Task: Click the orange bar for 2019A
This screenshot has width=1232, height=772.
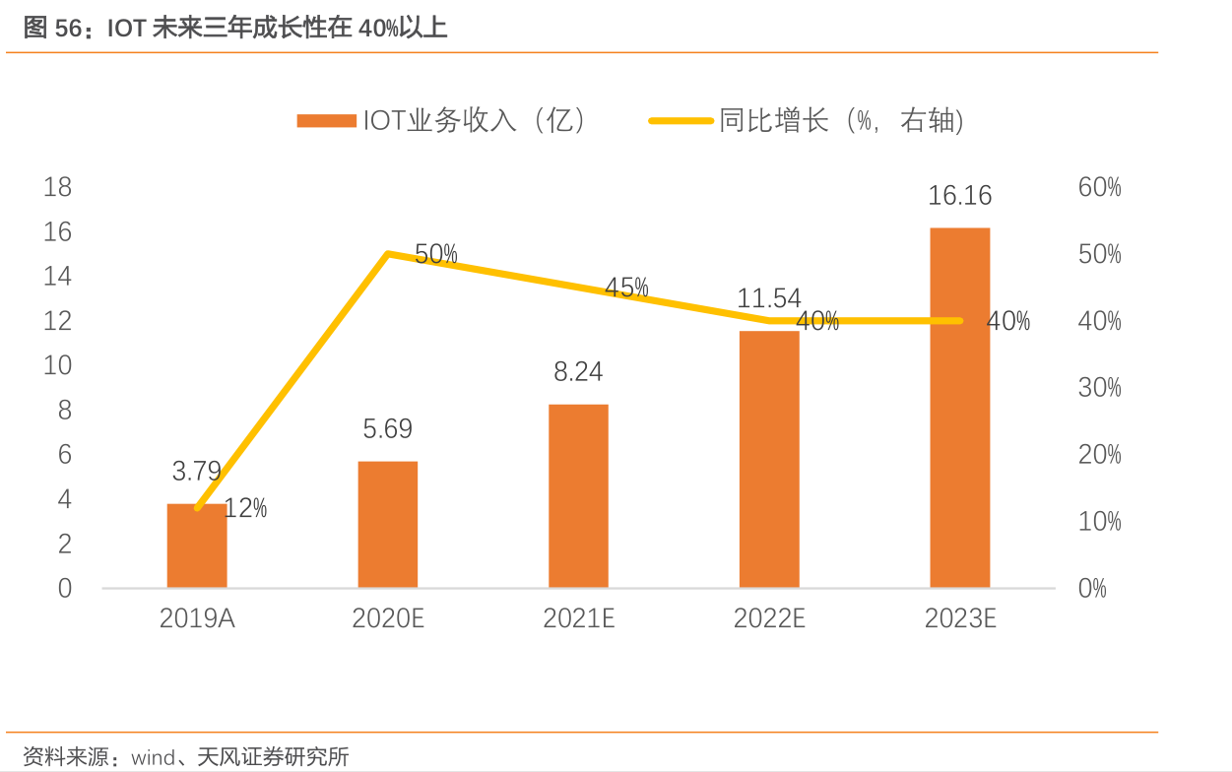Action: pos(197,547)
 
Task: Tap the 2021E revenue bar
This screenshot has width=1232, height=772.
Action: pos(579,496)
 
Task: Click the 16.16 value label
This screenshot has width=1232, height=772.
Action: pos(960,196)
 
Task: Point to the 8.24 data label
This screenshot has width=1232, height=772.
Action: pos(579,372)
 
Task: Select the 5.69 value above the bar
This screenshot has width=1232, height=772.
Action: pos(388,429)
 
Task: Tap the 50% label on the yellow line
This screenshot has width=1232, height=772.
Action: pos(436,254)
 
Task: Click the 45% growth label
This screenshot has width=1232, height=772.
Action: pos(626,288)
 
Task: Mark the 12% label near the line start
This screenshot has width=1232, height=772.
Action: pos(245,509)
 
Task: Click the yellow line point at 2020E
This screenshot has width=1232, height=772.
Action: pos(388,254)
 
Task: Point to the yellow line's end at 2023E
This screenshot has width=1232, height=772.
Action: pos(960,321)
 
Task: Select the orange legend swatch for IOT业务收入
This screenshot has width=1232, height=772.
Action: pos(326,121)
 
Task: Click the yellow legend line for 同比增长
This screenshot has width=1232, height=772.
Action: pos(680,121)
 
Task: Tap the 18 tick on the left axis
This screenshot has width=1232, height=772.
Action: pos(58,187)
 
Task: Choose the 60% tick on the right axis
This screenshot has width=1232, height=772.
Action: pos(1100,187)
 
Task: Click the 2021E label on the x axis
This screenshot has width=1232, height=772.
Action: pos(579,618)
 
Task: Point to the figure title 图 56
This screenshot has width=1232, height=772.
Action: pos(51,28)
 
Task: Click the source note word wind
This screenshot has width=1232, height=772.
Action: pos(153,757)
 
